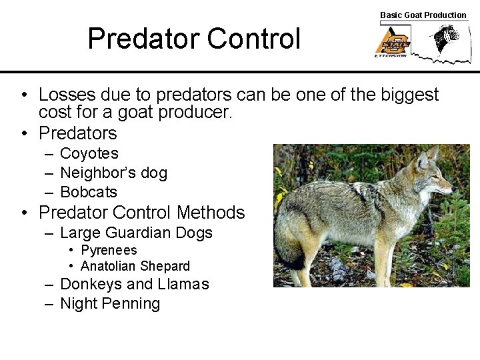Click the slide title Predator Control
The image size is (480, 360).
[x=194, y=39]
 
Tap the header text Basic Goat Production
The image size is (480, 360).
[x=423, y=15]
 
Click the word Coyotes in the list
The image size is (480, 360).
[x=89, y=153]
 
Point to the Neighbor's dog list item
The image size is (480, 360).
[x=113, y=173]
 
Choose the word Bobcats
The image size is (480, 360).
[x=88, y=192]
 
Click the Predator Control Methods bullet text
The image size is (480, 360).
[x=141, y=213]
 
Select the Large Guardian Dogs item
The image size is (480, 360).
[x=136, y=233]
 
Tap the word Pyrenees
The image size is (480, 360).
[x=109, y=250]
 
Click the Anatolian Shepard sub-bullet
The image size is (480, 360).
[x=135, y=266]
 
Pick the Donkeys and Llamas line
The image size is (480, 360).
[x=134, y=284]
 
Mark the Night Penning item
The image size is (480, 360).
[x=110, y=303]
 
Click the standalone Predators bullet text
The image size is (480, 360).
[x=78, y=133]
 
